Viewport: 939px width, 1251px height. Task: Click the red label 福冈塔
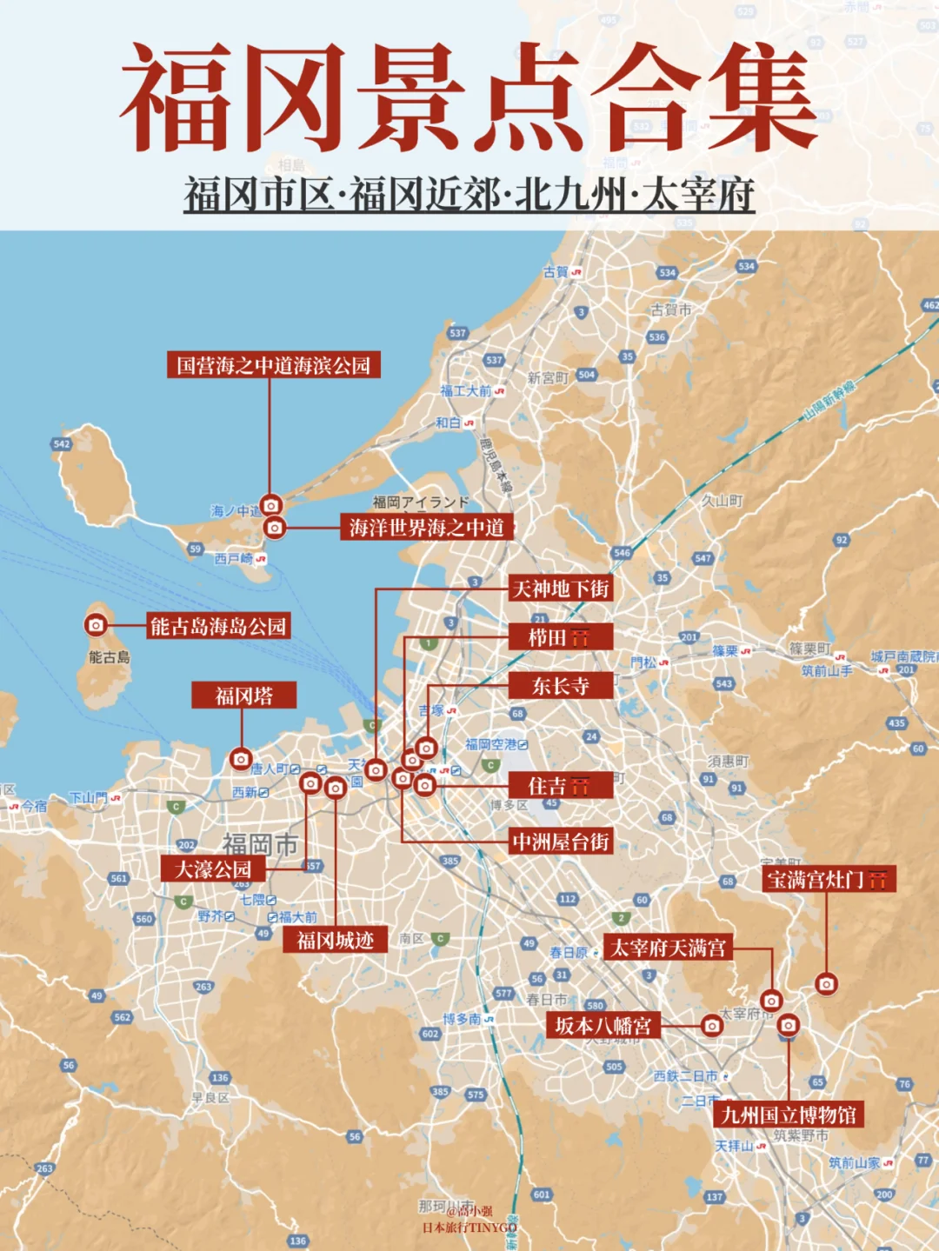pos(244,695)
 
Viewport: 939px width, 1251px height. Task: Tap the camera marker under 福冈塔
pos(241,759)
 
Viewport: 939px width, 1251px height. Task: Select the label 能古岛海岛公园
pos(217,626)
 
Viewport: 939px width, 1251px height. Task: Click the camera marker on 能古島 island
pos(96,625)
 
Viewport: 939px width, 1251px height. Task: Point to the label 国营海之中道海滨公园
pos(274,365)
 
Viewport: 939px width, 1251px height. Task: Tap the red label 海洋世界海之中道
pos(426,528)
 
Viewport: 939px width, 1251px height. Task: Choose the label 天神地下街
pos(561,589)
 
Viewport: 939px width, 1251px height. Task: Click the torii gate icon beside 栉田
pos(580,638)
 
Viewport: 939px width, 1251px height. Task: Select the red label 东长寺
pos(561,686)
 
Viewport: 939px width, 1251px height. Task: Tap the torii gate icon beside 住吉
pos(580,787)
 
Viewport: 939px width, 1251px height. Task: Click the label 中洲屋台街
pos(561,842)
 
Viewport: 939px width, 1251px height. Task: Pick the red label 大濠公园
pos(213,869)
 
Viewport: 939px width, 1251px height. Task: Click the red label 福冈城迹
pos(335,940)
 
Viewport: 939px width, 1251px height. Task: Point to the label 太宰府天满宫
pos(668,948)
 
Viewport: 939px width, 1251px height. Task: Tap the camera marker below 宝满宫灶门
pos(826,984)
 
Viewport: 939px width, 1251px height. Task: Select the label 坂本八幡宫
pos(603,1026)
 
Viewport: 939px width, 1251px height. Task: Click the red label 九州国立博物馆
pos(789,1115)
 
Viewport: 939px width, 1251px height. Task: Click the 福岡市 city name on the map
pos(260,844)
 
